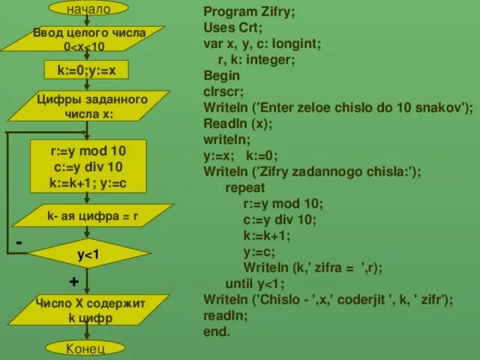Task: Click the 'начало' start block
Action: [88, 9]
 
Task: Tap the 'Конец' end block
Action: [85, 349]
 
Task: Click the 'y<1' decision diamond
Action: [88, 256]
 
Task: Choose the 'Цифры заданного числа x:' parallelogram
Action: [88, 106]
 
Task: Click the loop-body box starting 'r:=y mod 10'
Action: [87, 166]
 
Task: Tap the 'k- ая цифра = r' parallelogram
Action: [88, 217]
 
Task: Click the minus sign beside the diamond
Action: [18, 243]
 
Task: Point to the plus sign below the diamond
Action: [73, 281]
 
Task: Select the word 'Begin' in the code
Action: [221, 75]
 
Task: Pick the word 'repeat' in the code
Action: [244, 187]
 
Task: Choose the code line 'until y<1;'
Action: [255, 283]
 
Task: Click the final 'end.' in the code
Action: [217, 331]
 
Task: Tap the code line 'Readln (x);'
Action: [238, 123]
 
